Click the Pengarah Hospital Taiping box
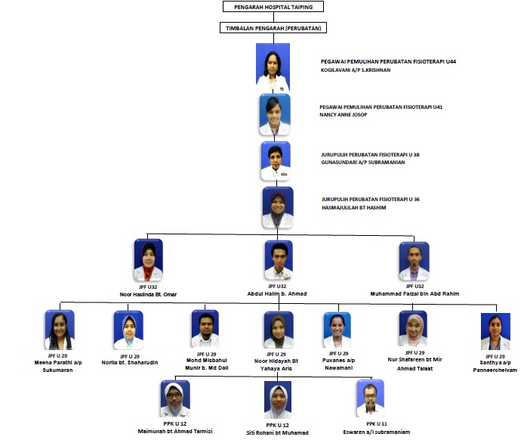tap(273, 7)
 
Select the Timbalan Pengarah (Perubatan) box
tap(273, 28)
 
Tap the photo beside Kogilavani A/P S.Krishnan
tap(273, 67)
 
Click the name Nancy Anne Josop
tap(344, 114)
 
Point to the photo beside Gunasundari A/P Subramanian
tap(276, 161)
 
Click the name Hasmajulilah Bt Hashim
tap(353, 207)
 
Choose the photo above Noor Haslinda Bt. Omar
tap(149, 260)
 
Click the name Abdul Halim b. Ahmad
tap(277, 293)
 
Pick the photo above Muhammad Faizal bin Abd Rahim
tap(414, 262)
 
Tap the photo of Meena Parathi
tap(60, 330)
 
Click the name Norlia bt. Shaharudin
tap(130, 363)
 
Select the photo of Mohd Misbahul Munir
tap(205, 329)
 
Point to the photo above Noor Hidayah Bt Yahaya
tap(279, 330)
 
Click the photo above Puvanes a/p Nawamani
tap(337, 330)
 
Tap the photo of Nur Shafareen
tap(413, 329)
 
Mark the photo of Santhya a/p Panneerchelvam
tap(495, 331)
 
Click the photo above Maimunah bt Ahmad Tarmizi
tap(175, 399)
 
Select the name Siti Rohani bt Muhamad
tap(277, 432)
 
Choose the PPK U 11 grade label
tap(377, 424)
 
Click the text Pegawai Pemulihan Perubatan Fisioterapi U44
tap(388, 61)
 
